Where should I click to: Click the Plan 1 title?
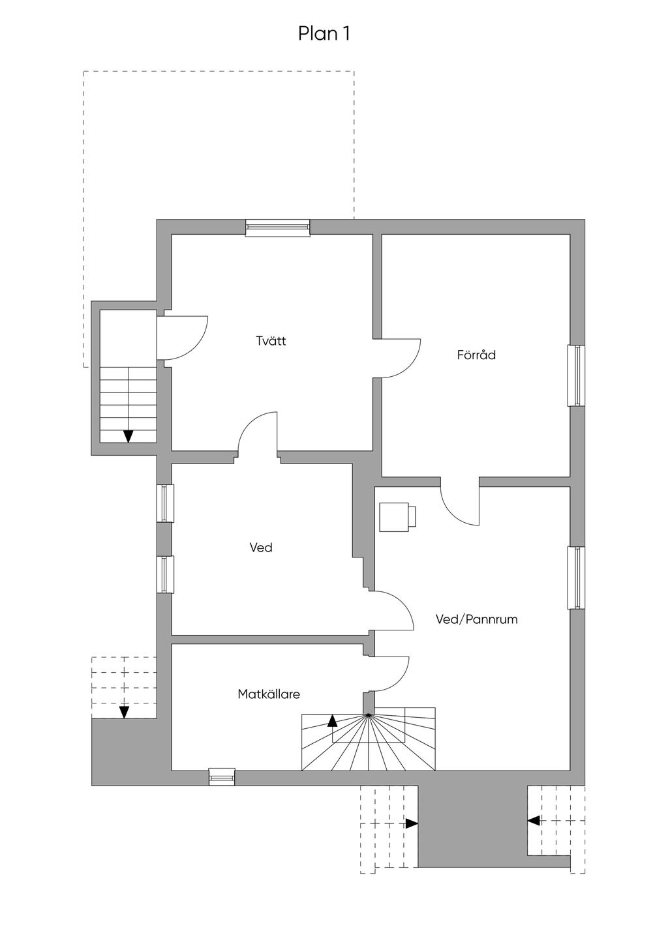[x=324, y=33]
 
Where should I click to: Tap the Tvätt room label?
[x=271, y=341]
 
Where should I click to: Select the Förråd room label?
[x=476, y=355]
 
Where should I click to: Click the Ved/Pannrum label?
[x=476, y=619]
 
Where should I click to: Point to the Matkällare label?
[x=269, y=694]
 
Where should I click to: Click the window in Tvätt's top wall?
[x=277, y=228]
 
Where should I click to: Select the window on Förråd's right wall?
[x=577, y=376]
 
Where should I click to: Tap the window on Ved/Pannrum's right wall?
[x=577, y=578]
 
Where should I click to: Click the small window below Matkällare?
[x=222, y=777]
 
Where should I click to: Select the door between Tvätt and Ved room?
[x=258, y=434]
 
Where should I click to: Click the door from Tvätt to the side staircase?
[x=183, y=338]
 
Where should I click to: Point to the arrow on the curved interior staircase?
[x=333, y=720]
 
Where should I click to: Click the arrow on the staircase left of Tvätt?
[x=129, y=436]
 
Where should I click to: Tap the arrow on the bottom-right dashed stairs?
[x=534, y=820]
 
